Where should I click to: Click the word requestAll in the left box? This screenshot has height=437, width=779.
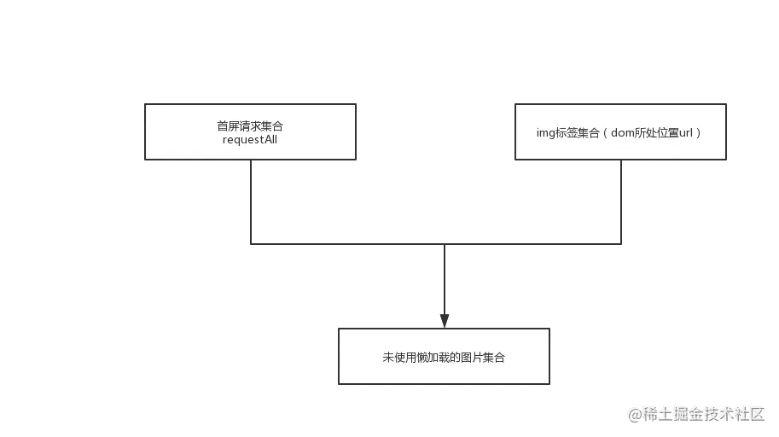coord(250,140)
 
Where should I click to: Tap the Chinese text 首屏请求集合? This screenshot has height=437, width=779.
coord(250,126)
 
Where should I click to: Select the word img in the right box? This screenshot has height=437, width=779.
coord(545,133)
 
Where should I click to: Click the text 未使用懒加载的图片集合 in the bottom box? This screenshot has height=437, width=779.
coord(444,358)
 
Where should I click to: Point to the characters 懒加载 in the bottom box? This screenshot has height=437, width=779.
coord(434,358)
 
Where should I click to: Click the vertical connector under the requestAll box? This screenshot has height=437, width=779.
coord(249,201)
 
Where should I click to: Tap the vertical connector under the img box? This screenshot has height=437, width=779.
coord(621,201)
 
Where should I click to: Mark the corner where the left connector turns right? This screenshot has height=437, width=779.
coord(249,242)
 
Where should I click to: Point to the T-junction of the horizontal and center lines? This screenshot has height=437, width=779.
coord(445,242)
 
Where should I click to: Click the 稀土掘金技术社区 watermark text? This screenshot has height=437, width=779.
coord(702,413)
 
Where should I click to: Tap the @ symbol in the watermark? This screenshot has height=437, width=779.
coord(635,414)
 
